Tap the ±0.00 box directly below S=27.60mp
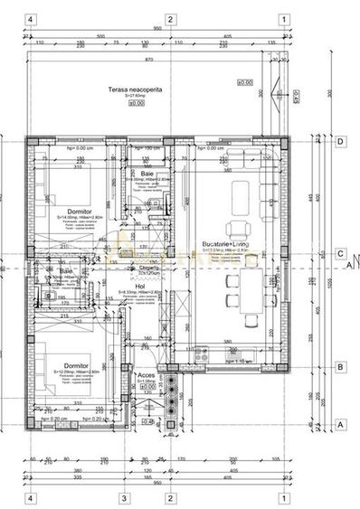pos(137,103)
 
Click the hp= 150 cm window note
pos(147,148)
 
